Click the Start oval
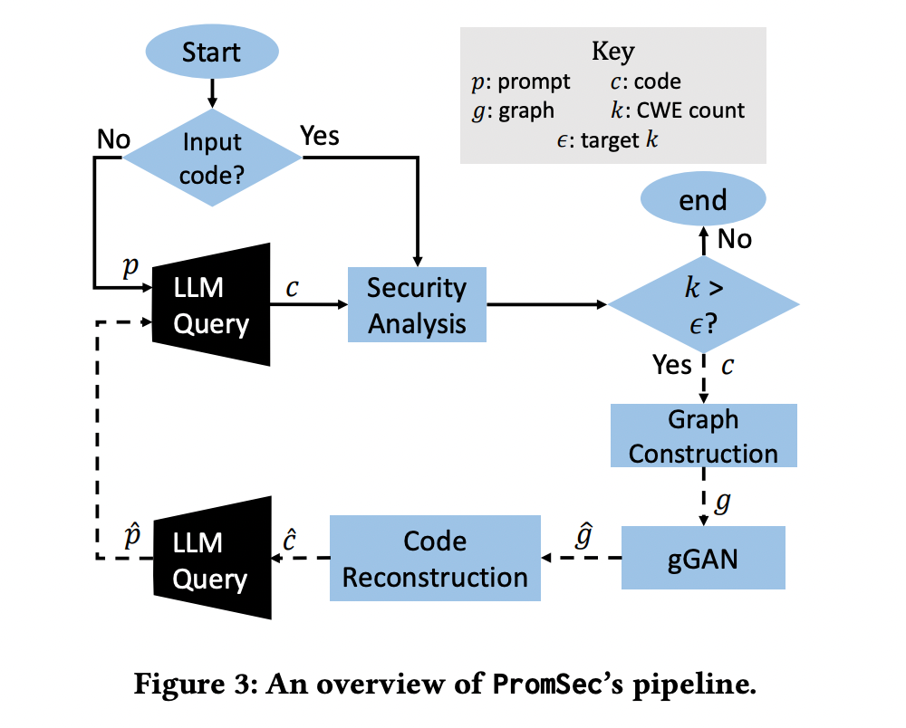pyautogui.click(x=212, y=52)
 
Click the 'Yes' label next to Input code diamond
pyautogui.click(x=319, y=136)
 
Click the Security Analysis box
pyautogui.click(x=417, y=304)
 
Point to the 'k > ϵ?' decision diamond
pyautogui.click(x=702, y=305)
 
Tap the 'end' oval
pyautogui.click(x=703, y=200)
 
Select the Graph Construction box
pyautogui.click(x=703, y=436)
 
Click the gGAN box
pyautogui.click(x=703, y=558)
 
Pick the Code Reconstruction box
pyautogui.click(x=435, y=558)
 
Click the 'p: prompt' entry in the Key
pyautogui.click(x=521, y=81)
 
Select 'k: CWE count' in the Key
pyautogui.click(x=678, y=110)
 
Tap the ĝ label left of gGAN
pyautogui.click(x=584, y=538)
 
